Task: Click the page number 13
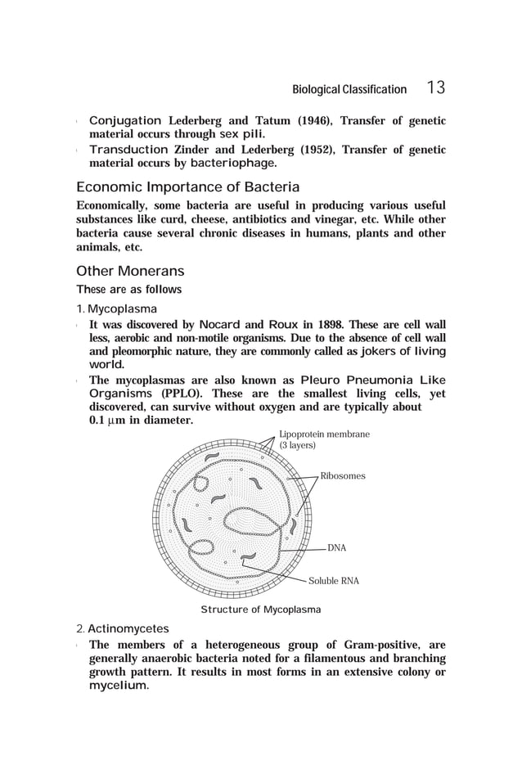coord(435,88)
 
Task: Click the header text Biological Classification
coord(350,89)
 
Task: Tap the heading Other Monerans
coord(130,271)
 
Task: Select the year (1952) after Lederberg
coord(313,150)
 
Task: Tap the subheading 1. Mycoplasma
coord(116,309)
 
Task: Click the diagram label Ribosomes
coord(342,475)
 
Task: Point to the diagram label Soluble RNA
coord(333,581)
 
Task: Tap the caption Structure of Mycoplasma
coord(260,610)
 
